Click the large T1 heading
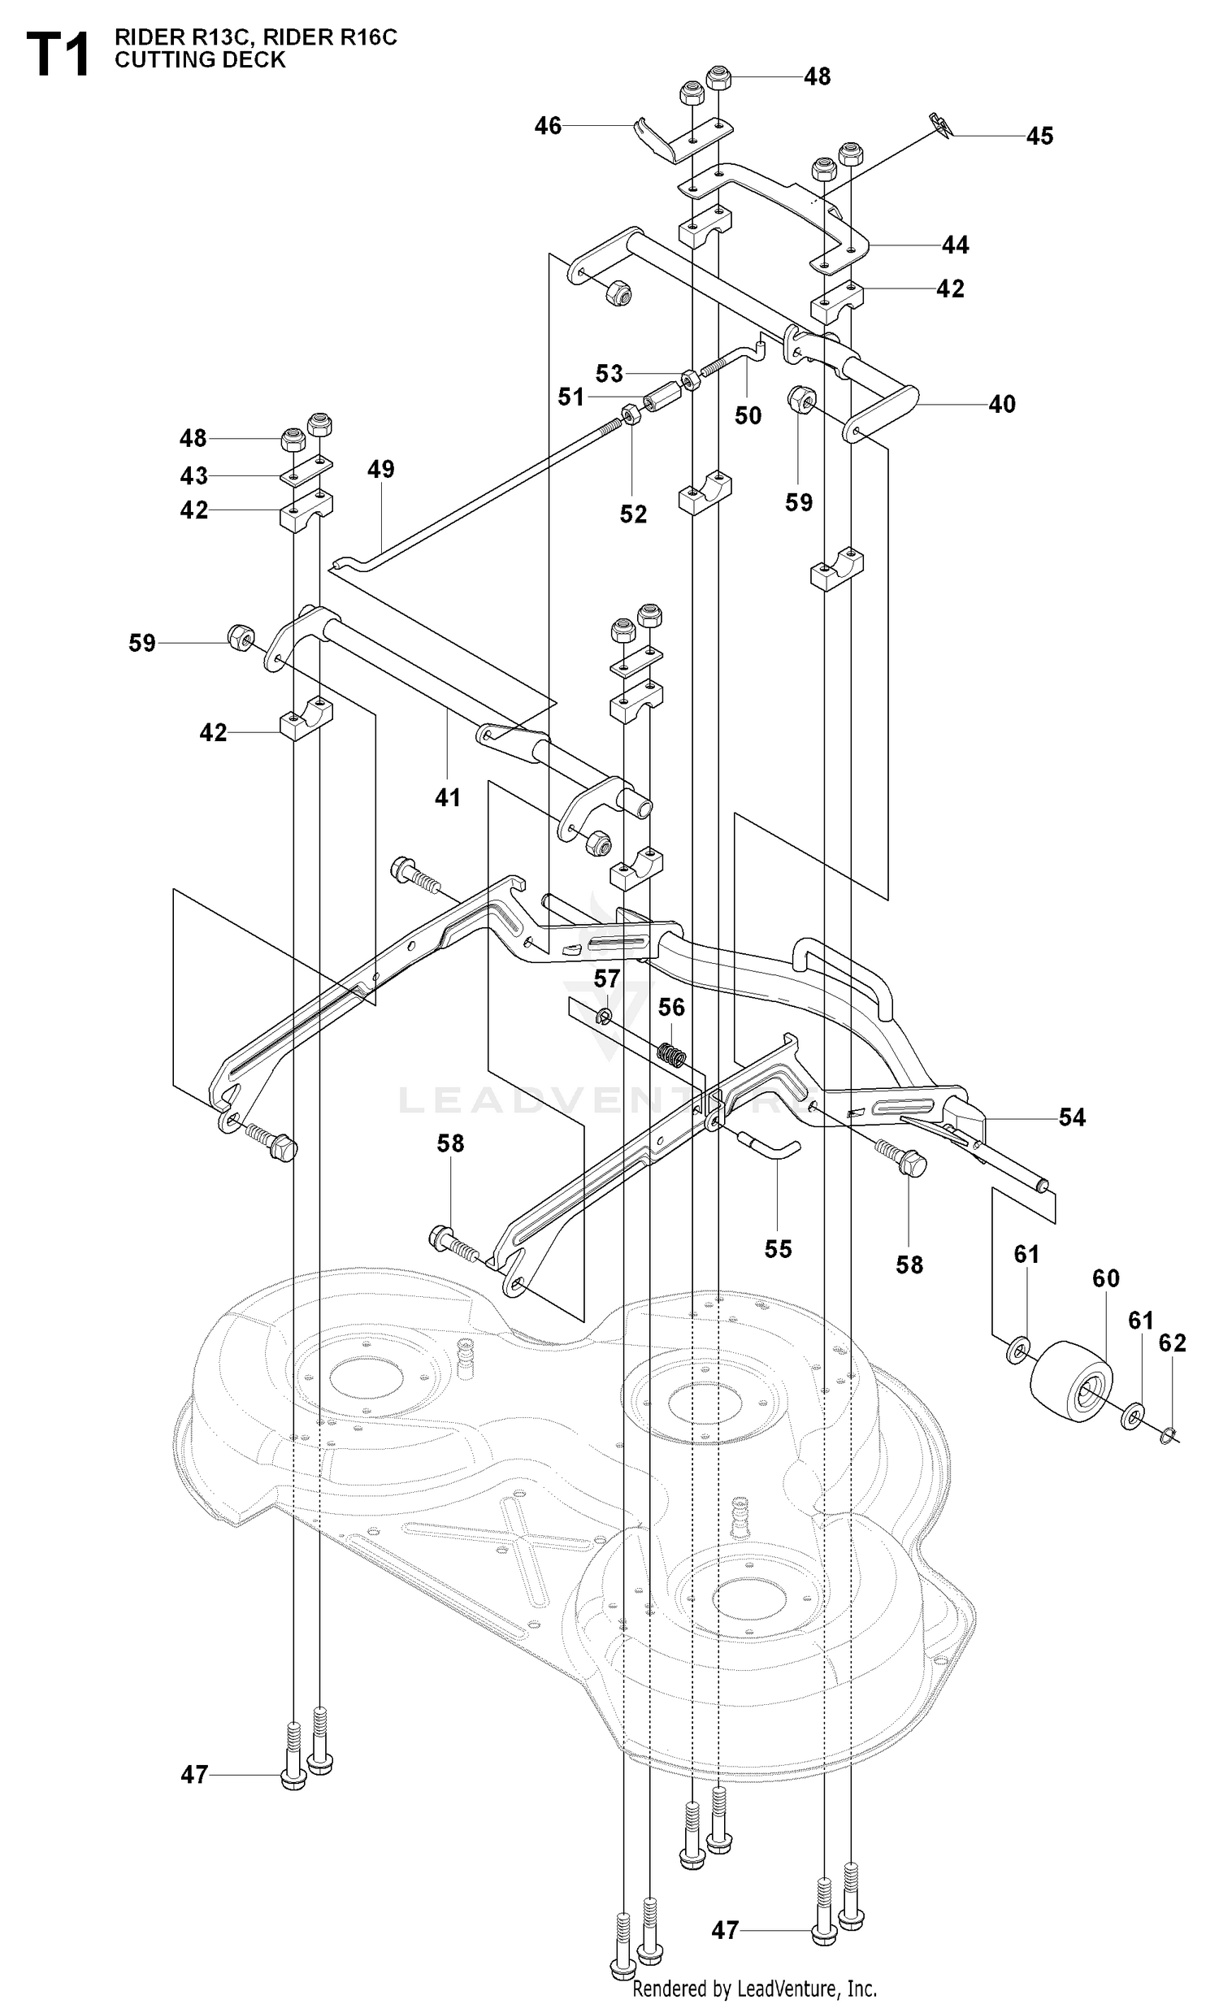coord(58,54)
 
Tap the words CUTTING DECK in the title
coord(200,60)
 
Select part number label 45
coord(1039,136)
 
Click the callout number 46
coord(548,126)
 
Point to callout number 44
coord(956,245)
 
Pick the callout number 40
coord(1002,404)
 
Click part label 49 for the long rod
coord(380,469)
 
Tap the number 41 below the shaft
coord(447,798)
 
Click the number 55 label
coord(779,1248)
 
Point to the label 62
coord(1173,1343)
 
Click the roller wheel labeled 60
coord(1073,1381)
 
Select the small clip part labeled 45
coord(942,124)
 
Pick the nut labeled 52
coord(632,417)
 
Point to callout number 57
coord(606,978)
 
